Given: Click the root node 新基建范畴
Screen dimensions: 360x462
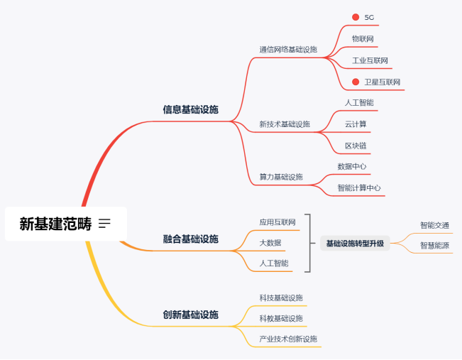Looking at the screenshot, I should click(x=55, y=224).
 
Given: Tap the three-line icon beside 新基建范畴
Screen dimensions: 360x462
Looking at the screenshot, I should click(x=105, y=224).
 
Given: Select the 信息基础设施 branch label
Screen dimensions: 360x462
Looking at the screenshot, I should click(x=190, y=110).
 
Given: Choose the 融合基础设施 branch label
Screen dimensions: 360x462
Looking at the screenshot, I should click(x=190, y=239).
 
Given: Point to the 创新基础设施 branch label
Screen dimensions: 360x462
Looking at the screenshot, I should click(x=190, y=315).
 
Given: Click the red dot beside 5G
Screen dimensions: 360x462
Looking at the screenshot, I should click(x=356, y=17).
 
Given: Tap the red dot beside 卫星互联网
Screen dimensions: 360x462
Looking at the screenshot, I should click(x=356, y=82).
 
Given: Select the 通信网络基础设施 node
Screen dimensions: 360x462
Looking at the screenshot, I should click(x=288, y=50).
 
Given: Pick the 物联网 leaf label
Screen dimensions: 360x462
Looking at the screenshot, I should click(x=363, y=38).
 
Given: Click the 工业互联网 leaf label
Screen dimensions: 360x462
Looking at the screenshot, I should click(x=370, y=60).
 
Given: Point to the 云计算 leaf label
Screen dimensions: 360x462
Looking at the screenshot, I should click(x=356, y=124).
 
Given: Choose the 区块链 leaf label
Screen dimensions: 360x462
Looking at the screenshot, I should click(x=356, y=146).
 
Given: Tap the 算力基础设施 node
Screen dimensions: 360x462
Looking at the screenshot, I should click(x=281, y=177).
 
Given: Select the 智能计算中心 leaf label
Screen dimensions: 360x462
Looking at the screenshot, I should click(x=359, y=188).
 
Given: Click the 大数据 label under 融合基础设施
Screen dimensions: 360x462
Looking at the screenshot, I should click(x=270, y=243).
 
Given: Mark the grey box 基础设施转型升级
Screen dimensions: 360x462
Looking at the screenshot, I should click(x=355, y=244).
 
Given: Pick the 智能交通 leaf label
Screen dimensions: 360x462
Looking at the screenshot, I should click(x=434, y=225).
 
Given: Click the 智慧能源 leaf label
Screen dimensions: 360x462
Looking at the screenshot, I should click(x=434, y=246).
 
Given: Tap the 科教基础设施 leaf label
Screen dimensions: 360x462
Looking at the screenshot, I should click(x=281, y=318).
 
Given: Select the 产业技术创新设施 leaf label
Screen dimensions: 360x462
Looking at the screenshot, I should click(x=288, y=339).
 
